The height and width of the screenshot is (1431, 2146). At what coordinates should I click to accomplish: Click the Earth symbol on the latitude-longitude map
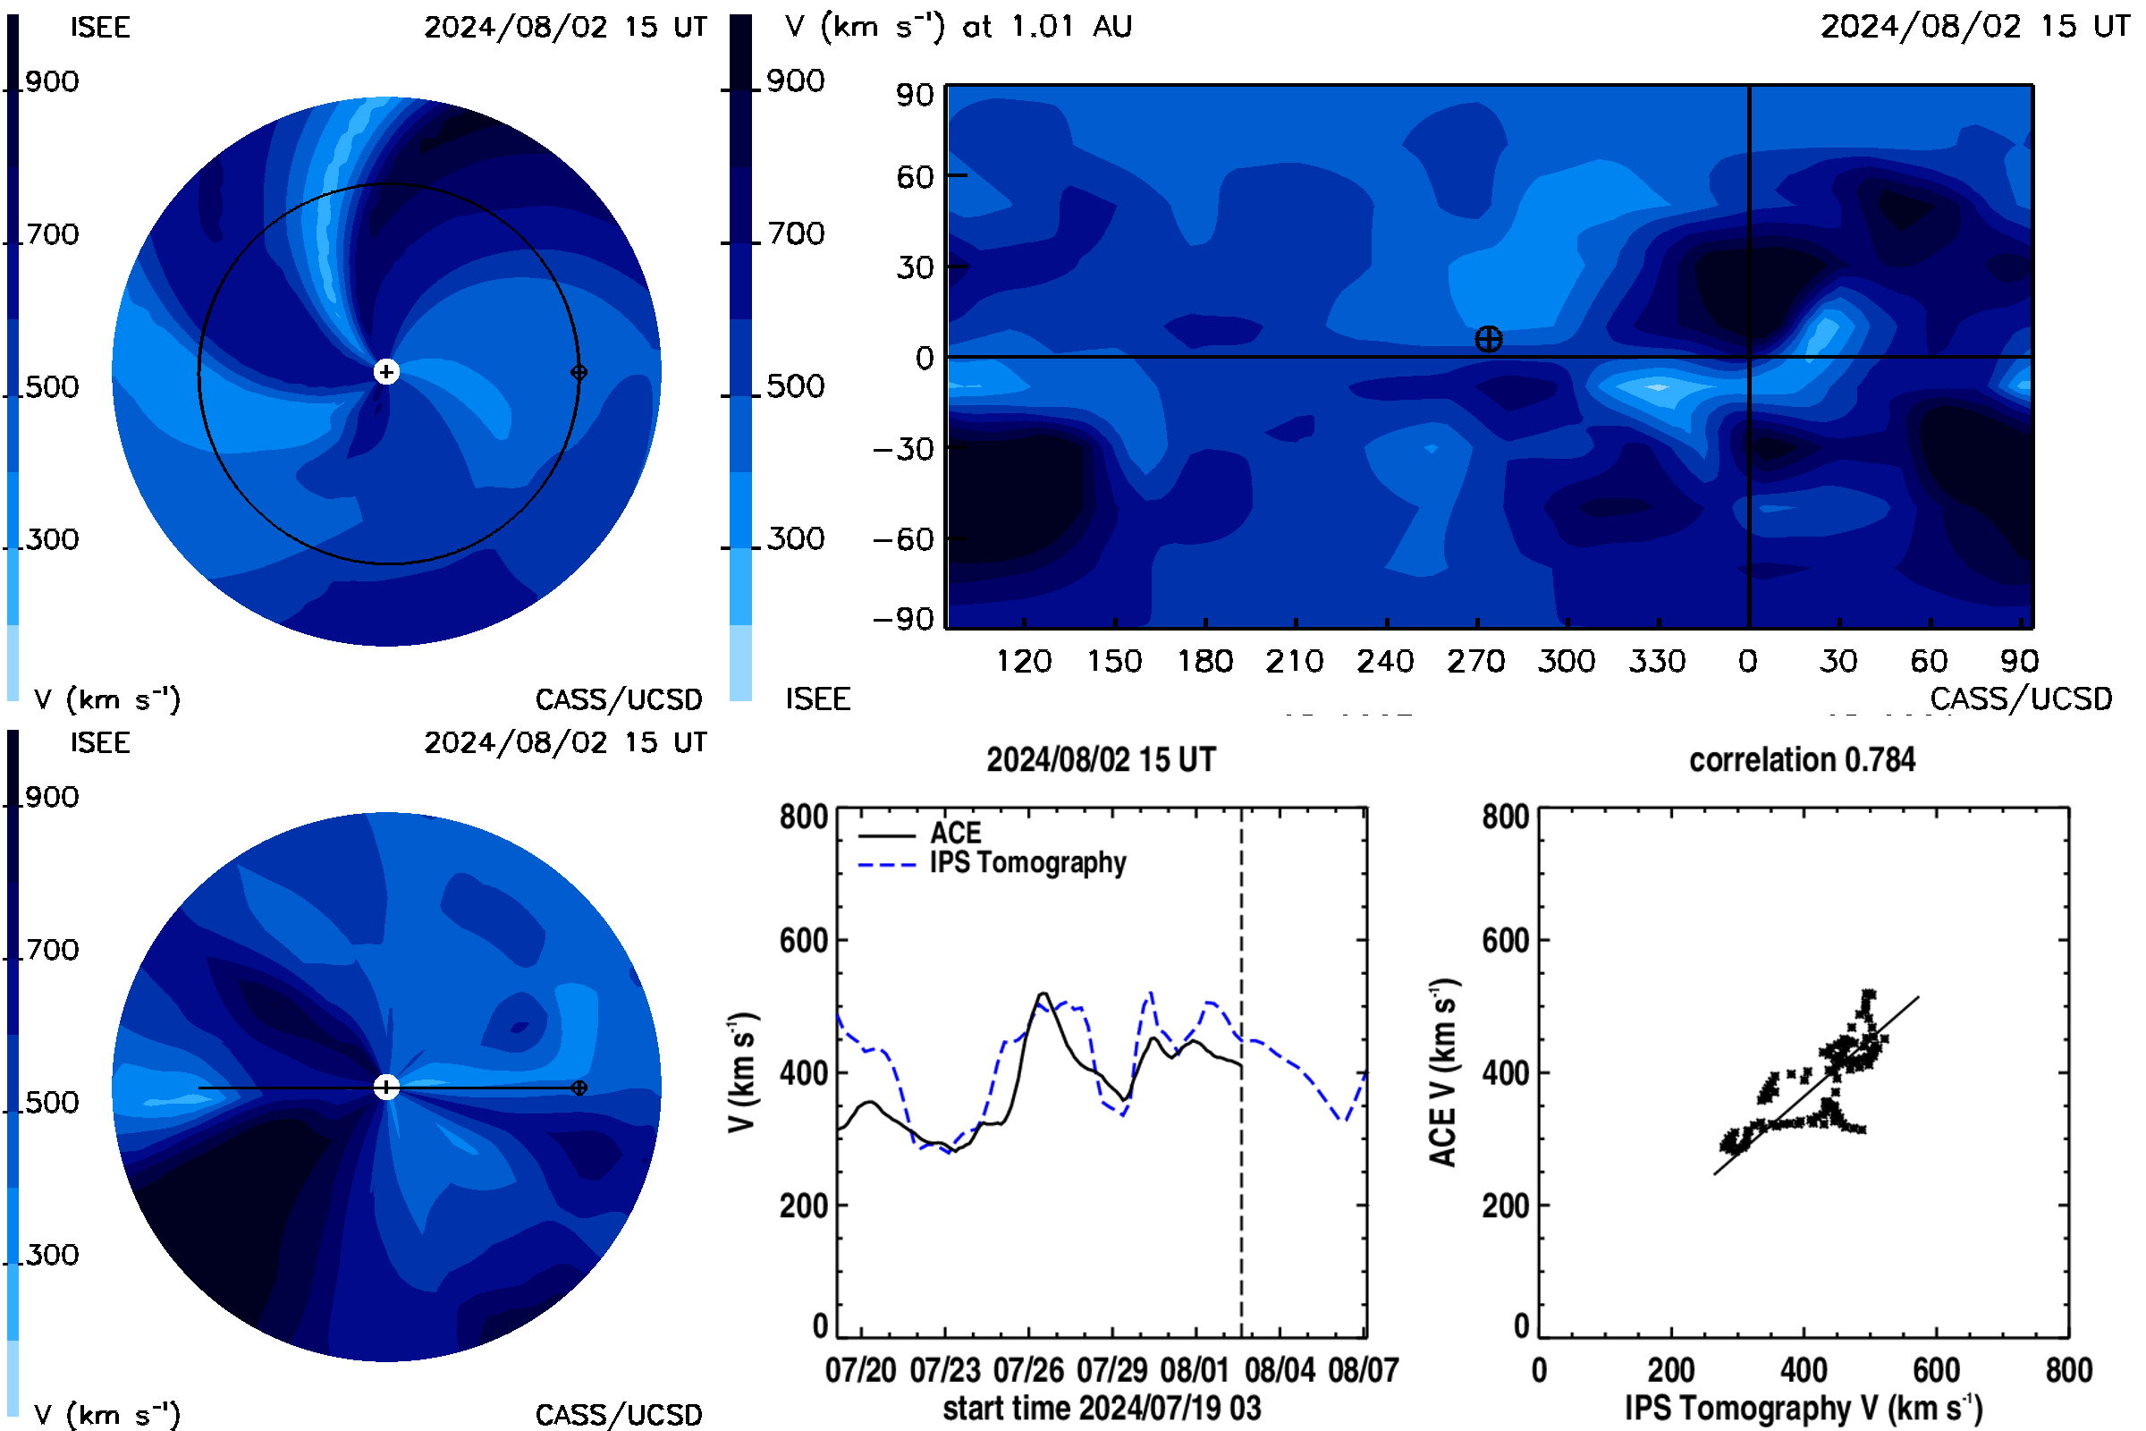[1488, 340]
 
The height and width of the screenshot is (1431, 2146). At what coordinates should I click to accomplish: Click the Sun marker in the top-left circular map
[387, 372]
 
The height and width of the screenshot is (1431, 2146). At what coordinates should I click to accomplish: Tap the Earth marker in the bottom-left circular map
[579, 1088]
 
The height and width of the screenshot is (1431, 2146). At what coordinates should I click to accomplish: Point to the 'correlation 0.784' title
[1802, 760]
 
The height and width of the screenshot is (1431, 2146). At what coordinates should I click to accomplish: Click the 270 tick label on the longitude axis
[1475, 661]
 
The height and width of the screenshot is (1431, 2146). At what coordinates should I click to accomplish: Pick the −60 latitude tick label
[903, 539]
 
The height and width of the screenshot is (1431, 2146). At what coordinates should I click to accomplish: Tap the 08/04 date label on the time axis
[1280, 1370]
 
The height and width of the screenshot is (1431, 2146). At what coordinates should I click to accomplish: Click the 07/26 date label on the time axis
[1028, 1370]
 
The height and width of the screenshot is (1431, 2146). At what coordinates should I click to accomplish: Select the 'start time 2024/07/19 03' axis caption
[1103, 1408]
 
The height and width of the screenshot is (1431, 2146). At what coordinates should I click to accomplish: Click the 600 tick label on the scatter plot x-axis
[1936, 1370]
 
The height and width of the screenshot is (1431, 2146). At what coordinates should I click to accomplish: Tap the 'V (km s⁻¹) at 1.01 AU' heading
[958, 27]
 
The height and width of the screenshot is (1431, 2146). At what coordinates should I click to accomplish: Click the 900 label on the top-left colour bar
[52, 82]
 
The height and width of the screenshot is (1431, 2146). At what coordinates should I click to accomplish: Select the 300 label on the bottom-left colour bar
[52, 1255]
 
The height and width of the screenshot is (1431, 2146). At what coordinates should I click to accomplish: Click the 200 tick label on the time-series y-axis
[804, 1206]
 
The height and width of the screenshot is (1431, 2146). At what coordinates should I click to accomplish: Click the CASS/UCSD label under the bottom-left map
[619, 1415]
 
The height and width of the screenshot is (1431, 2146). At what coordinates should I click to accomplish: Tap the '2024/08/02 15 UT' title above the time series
[1102, 760]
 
